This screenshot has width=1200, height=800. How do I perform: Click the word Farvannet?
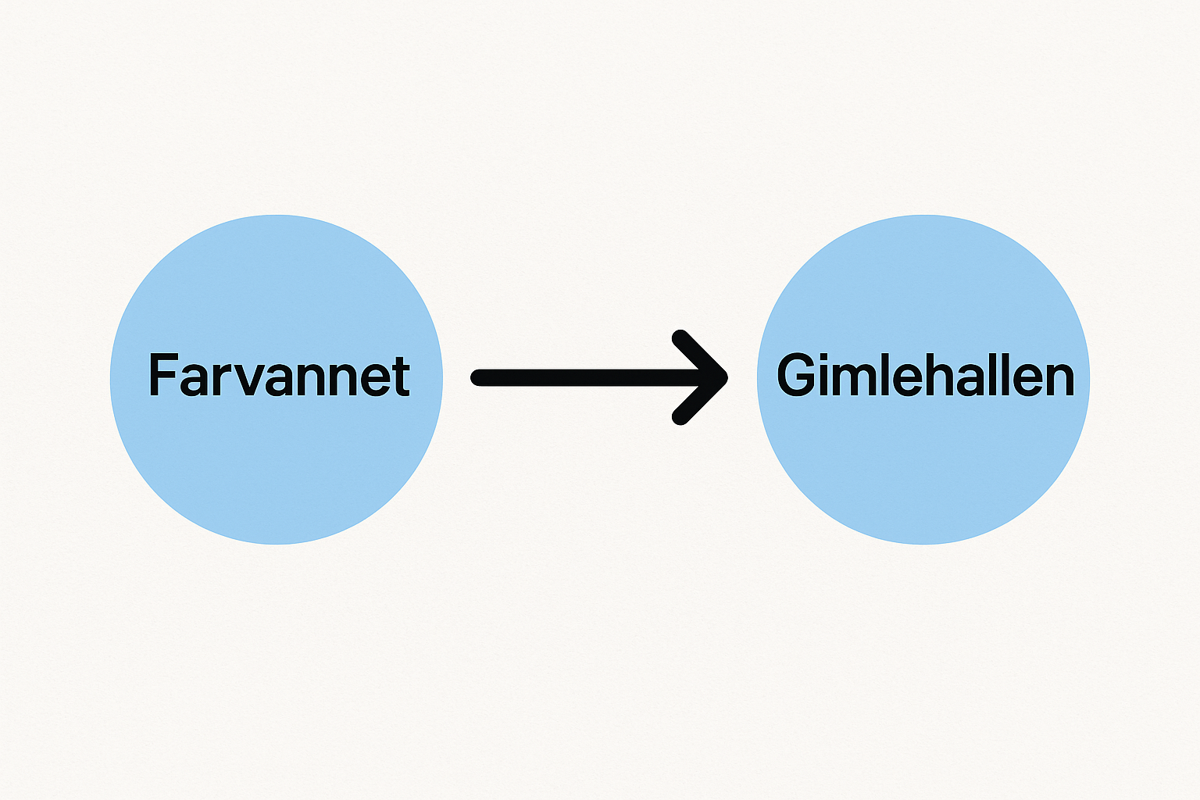pyautogui.click(x=279, y=375)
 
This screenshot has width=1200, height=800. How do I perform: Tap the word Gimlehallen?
pyautogui.click(x=925, y=375)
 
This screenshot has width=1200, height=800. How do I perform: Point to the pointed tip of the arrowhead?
pyautogui.click(x=727, y=377)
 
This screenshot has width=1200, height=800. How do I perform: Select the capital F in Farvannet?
pyautogui.click(x=162, y=375)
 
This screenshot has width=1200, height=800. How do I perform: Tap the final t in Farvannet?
pyautogui.click(x=402, y=377)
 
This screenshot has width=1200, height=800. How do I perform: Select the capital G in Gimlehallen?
pyautogui.click(x=796, y=375)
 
